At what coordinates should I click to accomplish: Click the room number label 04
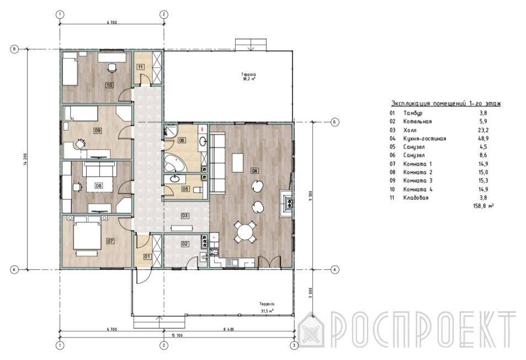pos(254,171)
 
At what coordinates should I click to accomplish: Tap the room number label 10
pos(109,85)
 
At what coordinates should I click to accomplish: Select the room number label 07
pos(110,241)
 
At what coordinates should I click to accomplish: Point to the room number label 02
pos(185,244)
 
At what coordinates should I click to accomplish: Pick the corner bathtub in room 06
pos(174,163)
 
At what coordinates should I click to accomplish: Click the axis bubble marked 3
pos(294,345)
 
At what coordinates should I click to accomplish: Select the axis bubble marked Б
pos(335,122)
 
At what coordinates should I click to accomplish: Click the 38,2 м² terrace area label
pos(249,79)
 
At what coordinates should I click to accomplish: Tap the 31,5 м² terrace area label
pos(267,311)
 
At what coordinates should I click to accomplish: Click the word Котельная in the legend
pos(417,121)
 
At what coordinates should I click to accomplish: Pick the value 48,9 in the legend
pos(484,138)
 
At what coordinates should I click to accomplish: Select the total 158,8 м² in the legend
pos(484,205)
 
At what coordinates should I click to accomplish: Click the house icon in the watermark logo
pos(311,330)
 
